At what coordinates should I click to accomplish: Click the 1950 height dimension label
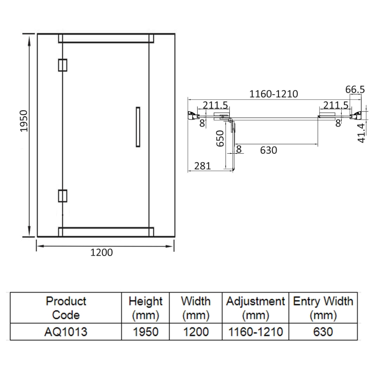coord(24,121)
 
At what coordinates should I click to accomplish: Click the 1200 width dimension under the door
coord(101,253)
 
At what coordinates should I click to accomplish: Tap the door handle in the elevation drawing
coord(138,127)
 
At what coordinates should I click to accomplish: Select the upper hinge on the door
coord(63,65)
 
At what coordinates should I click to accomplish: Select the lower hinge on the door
coord(63,196)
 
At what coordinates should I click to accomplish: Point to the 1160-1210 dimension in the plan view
coord(274,94)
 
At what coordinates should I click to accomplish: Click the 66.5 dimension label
coord(355,90)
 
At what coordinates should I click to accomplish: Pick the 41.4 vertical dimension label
coord(361,133)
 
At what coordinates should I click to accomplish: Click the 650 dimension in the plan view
coord(220,138)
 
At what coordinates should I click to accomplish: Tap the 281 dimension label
coord(202,166)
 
